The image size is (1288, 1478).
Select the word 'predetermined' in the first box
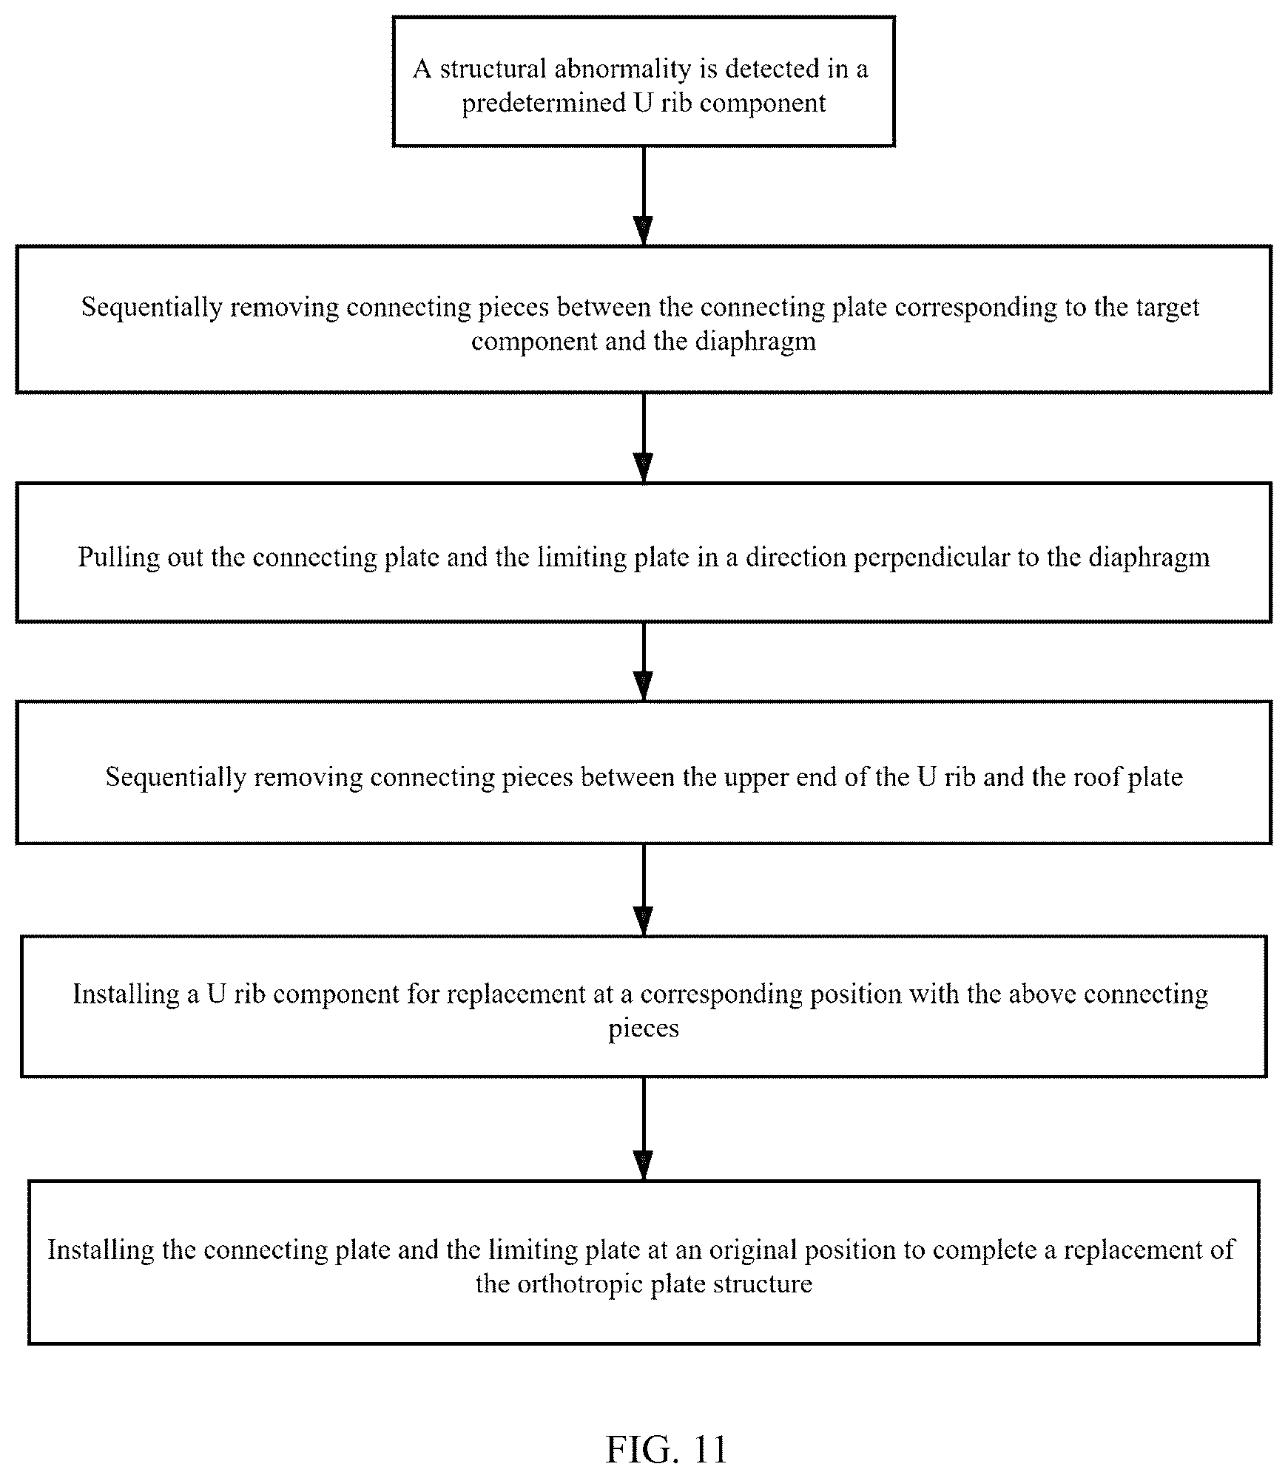(x=544, y=103)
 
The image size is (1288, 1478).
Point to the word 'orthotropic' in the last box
(x=579, y=1284)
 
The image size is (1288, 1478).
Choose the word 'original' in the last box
(x=753, y=1250)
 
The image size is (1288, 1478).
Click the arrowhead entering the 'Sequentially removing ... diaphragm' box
(x=644, y=231)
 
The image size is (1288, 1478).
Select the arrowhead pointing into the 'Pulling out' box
(x=644, y=469)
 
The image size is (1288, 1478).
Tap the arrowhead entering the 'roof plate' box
(x=644, y=686)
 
